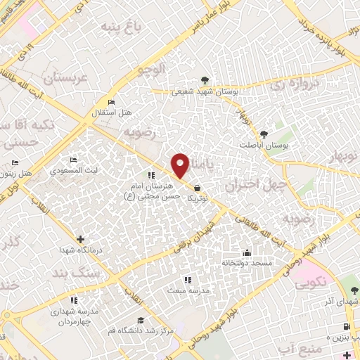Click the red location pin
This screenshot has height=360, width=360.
point(181,165)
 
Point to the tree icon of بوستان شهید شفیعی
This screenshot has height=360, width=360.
point(205,80)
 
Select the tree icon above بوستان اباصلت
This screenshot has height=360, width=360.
point(264,134)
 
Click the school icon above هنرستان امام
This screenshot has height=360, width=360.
point(150,175)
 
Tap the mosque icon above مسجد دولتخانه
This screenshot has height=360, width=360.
point(246,253)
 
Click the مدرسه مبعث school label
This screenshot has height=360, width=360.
point(184,290)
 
